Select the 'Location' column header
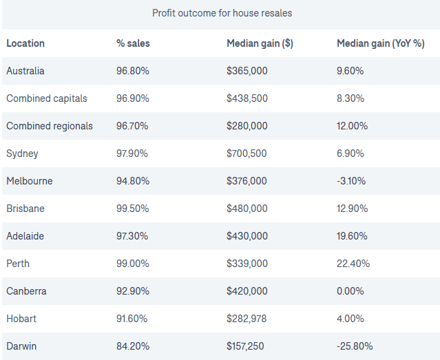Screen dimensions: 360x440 coord(25,43)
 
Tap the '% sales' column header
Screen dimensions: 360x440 coord(133,43)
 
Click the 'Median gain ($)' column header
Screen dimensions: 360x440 coord(260,43)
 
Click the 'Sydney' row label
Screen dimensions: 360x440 coord(22,153)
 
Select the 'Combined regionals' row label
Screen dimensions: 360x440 coord(50,126)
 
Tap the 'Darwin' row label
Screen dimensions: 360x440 coord(22,346)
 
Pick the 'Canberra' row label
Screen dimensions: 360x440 coord(26,291)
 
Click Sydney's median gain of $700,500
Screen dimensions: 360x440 coord(247,153)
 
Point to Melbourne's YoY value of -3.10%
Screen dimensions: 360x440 coord(351,181)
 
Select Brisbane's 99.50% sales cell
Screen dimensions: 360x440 coord(132,209)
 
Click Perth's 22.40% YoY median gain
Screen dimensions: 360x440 coord(353,264)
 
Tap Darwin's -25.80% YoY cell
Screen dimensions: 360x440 coord(355,346)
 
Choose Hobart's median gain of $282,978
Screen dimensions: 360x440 coord(247,319)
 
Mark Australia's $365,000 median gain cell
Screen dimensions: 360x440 coord(247,71)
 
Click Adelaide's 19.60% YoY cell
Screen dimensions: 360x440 coord(353,236)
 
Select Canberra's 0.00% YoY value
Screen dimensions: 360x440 coord(350,291)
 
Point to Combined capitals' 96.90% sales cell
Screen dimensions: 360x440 coord(132,98)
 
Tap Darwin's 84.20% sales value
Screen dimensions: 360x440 coord(132,346)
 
